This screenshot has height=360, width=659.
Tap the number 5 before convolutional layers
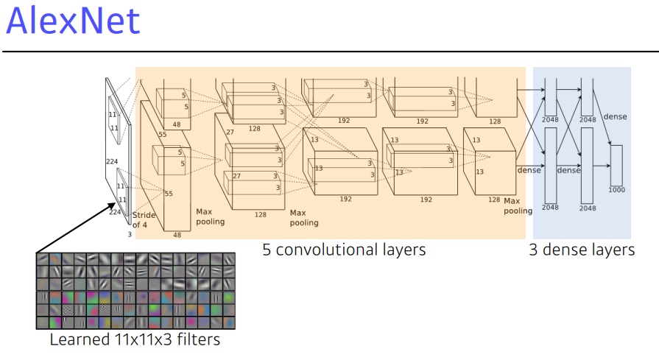[267, 250]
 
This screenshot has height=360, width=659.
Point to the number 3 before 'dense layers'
[533, 250]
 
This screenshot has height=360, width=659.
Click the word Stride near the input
[144, 215]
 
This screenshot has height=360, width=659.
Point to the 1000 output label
[616, 190]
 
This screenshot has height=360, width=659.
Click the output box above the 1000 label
[616, 165]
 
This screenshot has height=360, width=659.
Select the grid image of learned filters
[135, 291]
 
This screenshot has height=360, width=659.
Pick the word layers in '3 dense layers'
[613, 250]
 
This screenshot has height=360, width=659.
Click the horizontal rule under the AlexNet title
[329, 52]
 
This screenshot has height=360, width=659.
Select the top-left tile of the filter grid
[43, 260]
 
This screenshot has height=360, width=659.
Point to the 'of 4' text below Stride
[141, 225]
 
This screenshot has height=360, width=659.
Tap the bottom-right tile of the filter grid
[228, 322]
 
